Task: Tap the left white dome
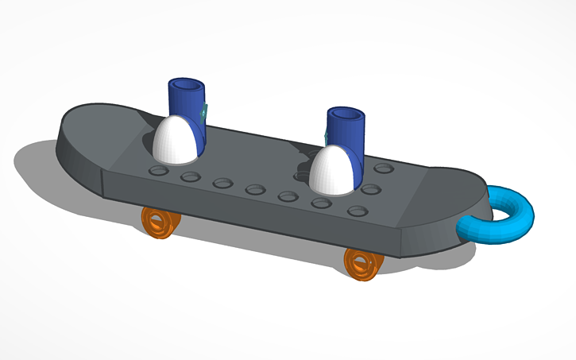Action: [179, 138]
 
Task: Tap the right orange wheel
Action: [362, 263]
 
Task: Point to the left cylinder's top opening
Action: [186, 83]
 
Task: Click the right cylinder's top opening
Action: [346, 114]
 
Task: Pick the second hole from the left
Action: [190, 176]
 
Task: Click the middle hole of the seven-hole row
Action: [255, 189]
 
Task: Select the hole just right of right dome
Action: [369, 189]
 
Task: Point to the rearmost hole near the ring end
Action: [385, 168]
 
